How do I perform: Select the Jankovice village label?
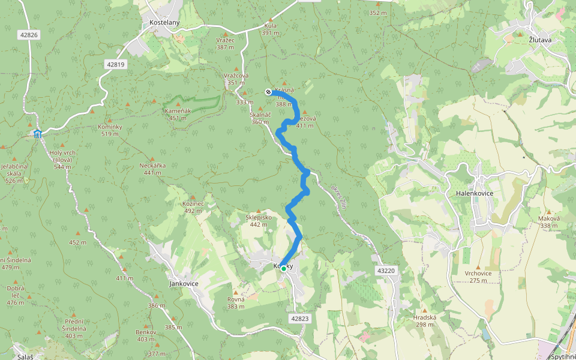click(x=184, y=283)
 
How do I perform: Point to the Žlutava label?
click(x=540, y=40)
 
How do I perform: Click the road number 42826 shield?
click(x=29, y=35)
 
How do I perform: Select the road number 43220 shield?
click(x=386, y=271)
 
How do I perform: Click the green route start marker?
click(x=283, y=269)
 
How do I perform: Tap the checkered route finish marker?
click(x=268, y=92)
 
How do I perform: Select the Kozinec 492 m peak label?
click(x=193, y=207)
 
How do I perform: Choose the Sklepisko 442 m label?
click(x=259, y=220)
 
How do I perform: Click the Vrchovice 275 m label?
click(x=478, y=277)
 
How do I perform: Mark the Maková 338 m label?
click(x=548, y=222)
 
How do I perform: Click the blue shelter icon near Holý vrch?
click(x=37, y=133)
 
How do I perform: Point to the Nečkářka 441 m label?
click(x=152, y=169)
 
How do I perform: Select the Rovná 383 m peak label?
click(x=236, y=303)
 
